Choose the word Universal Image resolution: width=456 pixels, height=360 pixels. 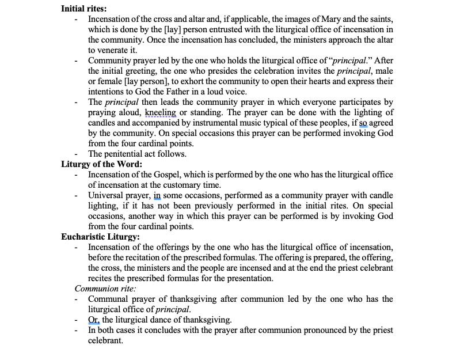tap(107, 195)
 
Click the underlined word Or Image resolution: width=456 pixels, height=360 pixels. tap(94, 320)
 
